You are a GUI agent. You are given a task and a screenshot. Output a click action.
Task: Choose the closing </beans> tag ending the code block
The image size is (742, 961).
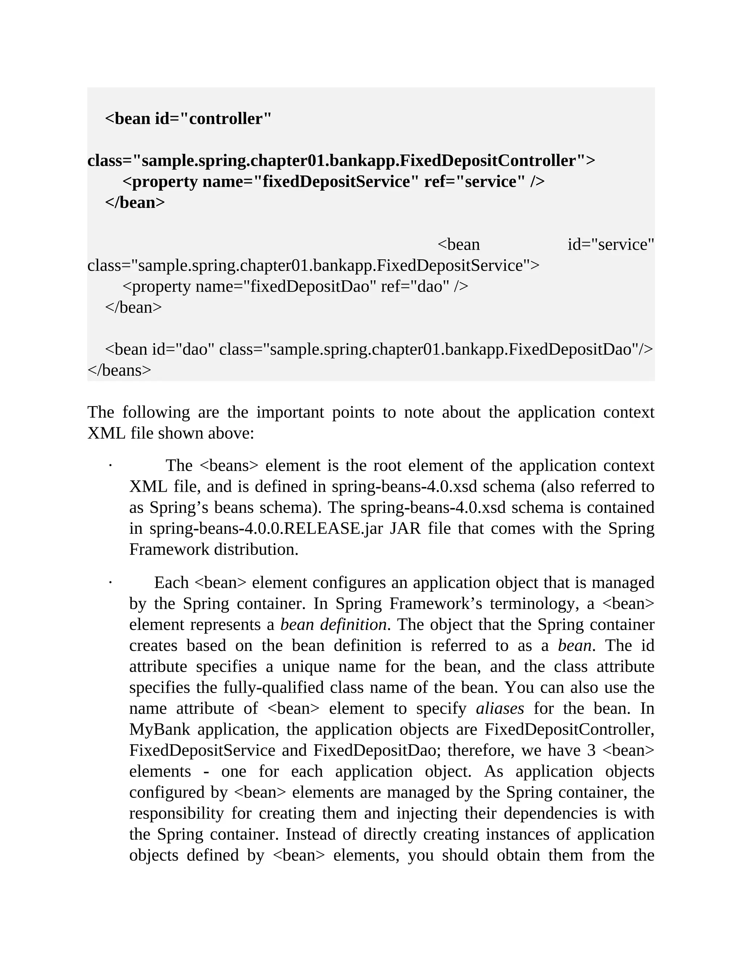[119, 370]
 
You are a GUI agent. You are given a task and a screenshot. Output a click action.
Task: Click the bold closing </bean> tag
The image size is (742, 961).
[135, 202]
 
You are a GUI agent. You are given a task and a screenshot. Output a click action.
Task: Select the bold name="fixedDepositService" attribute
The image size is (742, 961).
[310, 181]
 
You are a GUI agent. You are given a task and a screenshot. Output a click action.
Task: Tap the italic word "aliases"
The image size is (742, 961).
[500, 709]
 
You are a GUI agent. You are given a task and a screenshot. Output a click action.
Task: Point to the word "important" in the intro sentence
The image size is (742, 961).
[290, 412]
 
